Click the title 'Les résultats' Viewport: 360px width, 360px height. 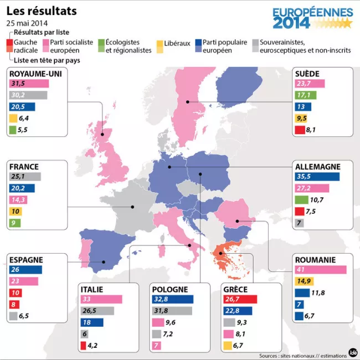[x=42, y=11]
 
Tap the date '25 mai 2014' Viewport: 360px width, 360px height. [x=27, y=23]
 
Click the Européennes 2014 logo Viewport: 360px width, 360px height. [x=312, y=18]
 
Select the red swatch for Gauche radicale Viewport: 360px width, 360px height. [x=9, y=42]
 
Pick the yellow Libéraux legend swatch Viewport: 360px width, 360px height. [x=160, y=43]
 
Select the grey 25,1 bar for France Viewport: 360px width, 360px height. [x=25, y=177]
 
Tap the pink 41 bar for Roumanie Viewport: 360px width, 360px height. [x=321, y=270]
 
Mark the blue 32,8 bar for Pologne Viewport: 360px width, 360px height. [x=172, y=299]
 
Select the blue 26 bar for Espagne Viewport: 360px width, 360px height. [x=25, y=270]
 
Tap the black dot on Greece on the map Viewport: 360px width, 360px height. [x=221, y=255]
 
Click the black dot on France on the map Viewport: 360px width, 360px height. [x=132, y=207]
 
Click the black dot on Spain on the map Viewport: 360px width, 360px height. [x=104, y=261]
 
